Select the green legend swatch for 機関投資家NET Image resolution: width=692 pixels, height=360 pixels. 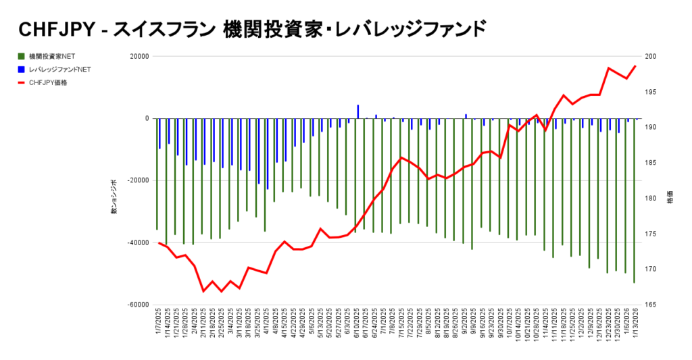(x=22, y=56)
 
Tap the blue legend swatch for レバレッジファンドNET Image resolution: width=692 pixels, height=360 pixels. (x=22, y=70)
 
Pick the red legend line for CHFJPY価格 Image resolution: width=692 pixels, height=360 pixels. (x=22, y=83)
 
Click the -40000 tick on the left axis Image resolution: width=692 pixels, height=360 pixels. (x=137, y=242)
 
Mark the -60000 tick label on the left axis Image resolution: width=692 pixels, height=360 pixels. (x=137, y=305)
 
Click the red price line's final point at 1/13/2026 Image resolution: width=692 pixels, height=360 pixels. (x=635, y=66)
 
